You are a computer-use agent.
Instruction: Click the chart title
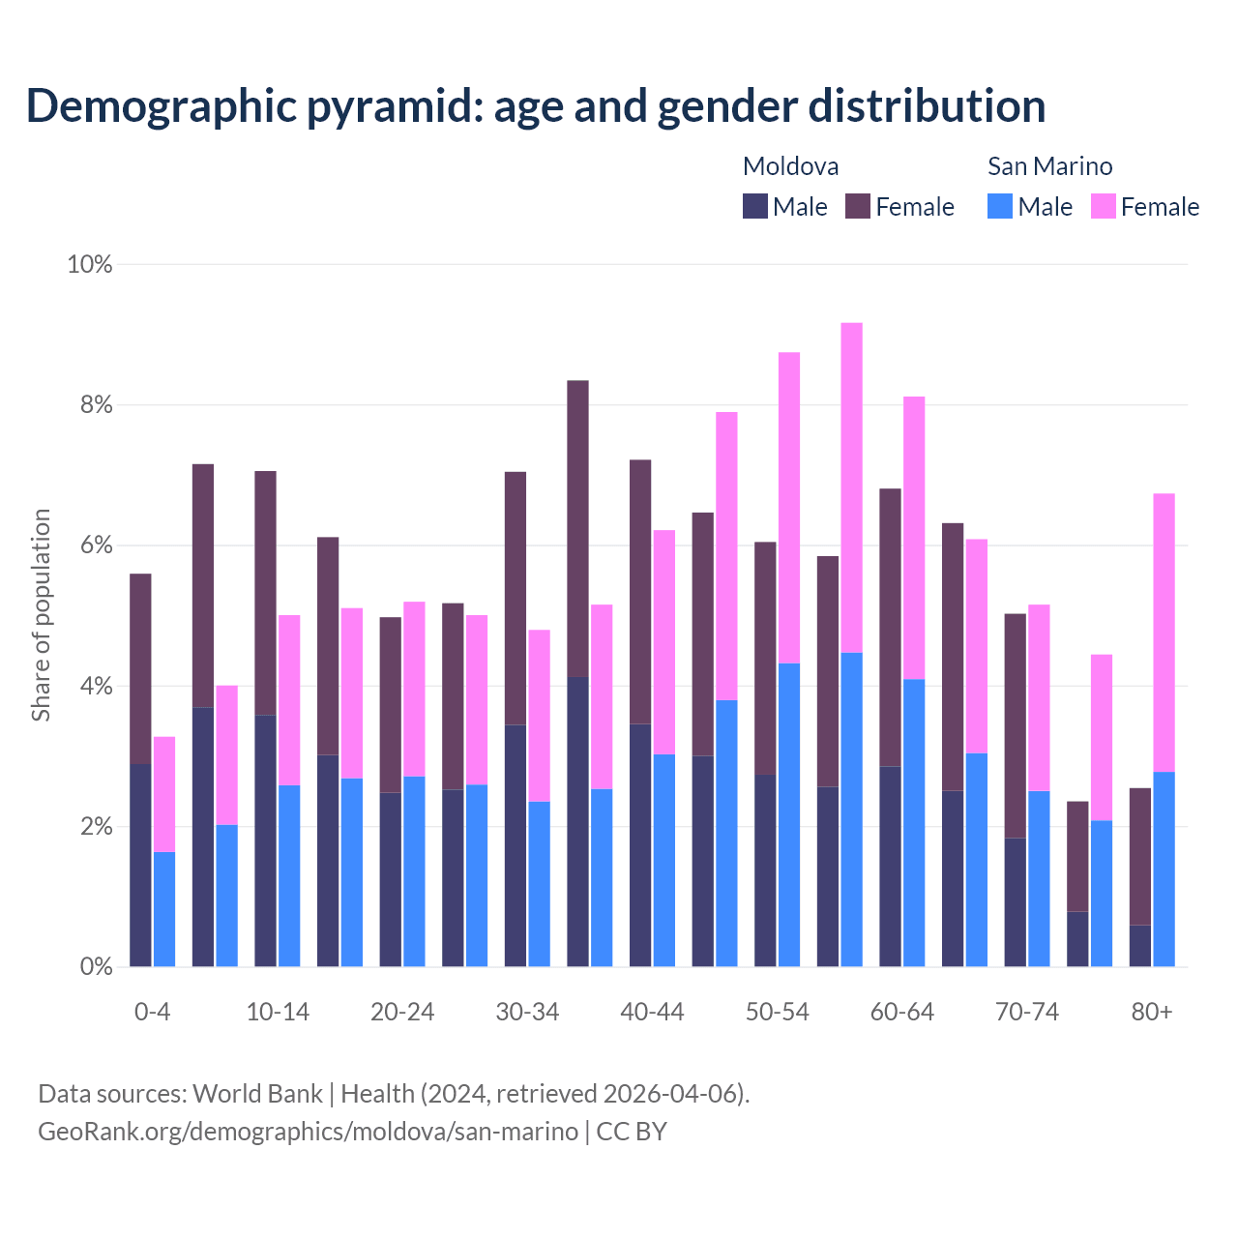tap(535, 105)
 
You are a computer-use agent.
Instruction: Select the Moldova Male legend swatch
tap(755, 206)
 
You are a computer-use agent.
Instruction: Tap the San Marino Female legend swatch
tap(1104, 206)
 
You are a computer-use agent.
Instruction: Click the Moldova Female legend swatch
tap(858, 206)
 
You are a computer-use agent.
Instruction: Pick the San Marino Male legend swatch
tap(1000, 206)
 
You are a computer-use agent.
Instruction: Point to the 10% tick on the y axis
tap(90, 264)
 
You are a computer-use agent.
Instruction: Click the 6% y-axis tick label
tap(96, 545)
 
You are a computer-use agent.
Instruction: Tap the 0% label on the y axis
tap(96, 966)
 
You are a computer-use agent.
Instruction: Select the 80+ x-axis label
tap(1152, 1012)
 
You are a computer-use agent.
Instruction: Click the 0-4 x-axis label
tap(153, 1012)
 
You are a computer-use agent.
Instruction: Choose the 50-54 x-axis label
tap(778, 1012)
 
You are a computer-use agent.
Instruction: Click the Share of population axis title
tap(41, 615)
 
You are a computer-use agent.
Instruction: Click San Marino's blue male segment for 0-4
tap(164, 909)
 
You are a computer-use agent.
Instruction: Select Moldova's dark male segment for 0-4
tap(141, 865)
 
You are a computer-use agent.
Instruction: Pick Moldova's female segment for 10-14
tap(266, 593)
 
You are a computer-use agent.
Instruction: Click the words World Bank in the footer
tap(257, 1094)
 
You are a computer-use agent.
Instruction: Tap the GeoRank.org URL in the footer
tap(308, 1131)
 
